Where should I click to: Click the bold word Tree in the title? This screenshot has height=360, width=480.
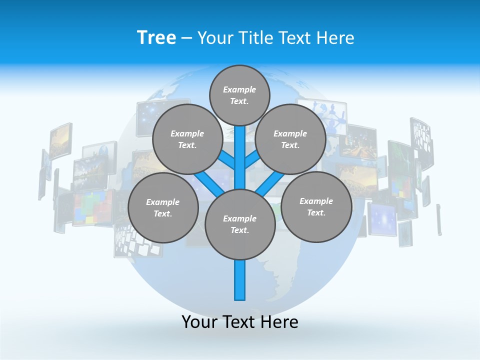156,38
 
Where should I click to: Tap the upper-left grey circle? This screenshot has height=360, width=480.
187,139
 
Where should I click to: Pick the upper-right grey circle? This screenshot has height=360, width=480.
290,139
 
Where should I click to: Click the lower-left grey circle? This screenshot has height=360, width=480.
163,207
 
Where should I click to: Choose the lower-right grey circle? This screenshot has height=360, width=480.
316,206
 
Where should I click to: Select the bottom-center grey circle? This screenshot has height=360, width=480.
240,224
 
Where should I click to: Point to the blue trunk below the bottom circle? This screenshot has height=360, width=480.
240,280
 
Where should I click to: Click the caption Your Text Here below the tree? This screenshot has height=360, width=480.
240,322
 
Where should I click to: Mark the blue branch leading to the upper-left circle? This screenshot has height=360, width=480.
226,160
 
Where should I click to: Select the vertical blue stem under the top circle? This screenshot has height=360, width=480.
240,150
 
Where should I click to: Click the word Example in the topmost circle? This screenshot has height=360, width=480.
239,89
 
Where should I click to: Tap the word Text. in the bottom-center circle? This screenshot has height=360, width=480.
239,230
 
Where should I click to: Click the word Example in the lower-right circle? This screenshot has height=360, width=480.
316,201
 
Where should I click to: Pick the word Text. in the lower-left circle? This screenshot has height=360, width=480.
163,213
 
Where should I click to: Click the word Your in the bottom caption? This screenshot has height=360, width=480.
199,322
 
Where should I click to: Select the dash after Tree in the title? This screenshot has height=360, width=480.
186,38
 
